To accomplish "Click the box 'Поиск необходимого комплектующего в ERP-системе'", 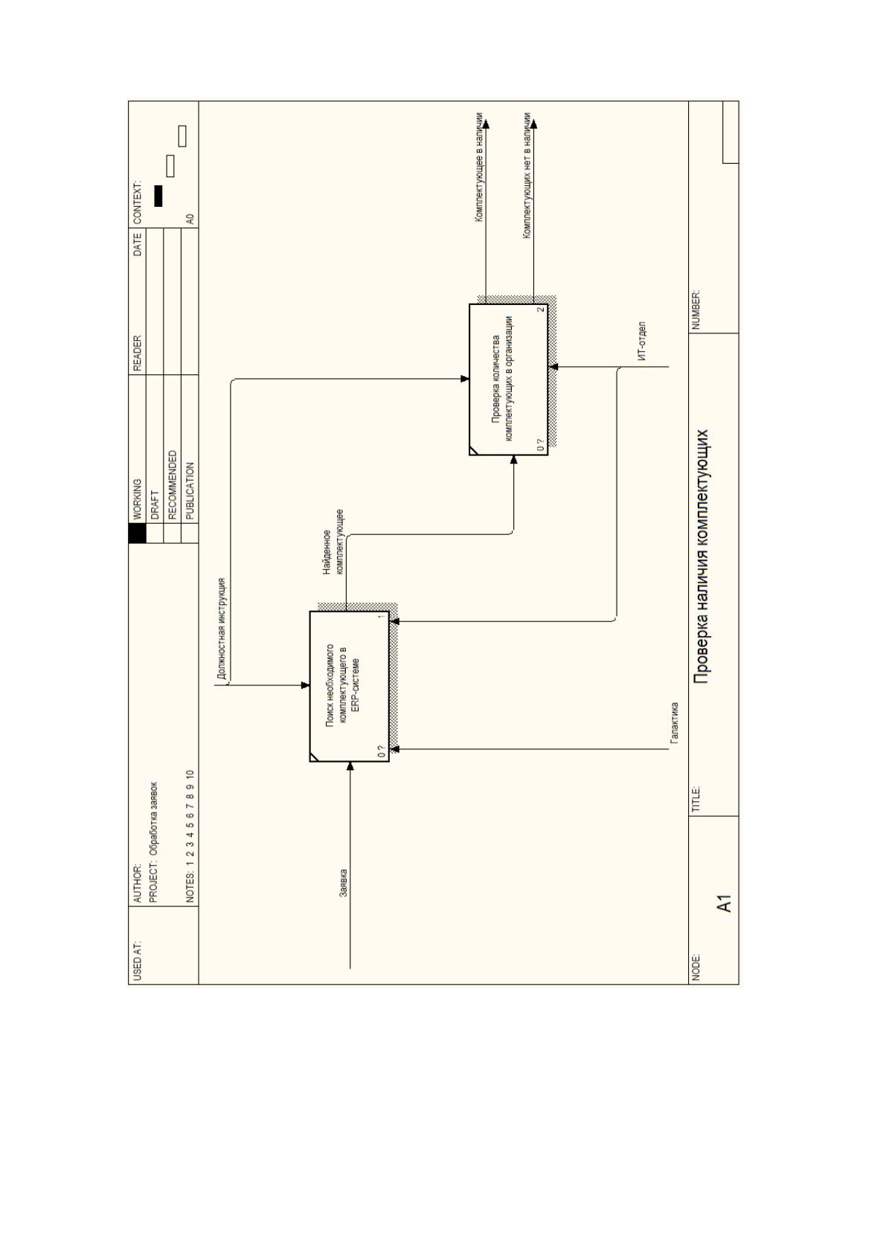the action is coord(350,686).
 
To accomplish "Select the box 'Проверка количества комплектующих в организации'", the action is coord(508,379).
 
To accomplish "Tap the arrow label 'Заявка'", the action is coord(344,882).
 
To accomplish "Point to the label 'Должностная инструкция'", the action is coord(222,629).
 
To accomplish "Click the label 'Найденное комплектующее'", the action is coord(333,542).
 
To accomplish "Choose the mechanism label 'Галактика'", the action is coord(674,722).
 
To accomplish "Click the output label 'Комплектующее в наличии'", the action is coord(479,167).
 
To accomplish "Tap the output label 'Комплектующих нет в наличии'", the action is coord(527,176).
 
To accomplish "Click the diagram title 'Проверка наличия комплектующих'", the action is coord(702,557).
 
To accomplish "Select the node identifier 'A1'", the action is coord(725,904).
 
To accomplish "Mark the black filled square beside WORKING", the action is coord(137,533).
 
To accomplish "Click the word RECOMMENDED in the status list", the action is coord(173,485).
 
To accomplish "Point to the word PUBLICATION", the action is coord(190,490).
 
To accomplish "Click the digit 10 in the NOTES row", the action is coord(190,776).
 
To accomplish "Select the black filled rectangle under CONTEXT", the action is coord(158,196).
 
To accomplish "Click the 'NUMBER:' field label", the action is coord(696,310).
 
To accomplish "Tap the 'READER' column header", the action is coord(137,353).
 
